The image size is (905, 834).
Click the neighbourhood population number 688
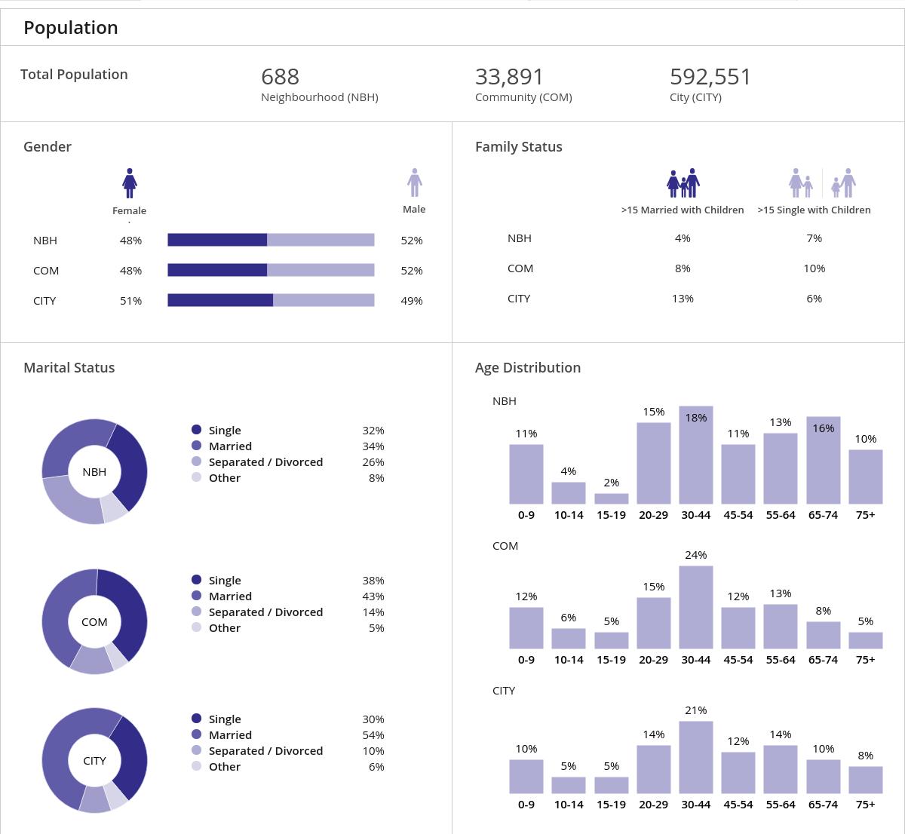pos(280,77)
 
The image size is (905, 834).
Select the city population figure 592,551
pos(710,77)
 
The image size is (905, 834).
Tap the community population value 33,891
pos(509,77)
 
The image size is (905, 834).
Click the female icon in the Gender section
pos(130,183)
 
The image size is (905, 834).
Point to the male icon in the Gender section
pos(414,182)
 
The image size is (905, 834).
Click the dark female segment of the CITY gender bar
pos(219,300)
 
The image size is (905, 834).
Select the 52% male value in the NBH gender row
pos(412,241)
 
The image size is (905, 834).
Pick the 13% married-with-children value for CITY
pos(683,299)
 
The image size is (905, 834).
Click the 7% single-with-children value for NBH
pos(814,238)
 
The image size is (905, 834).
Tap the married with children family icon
pos(683,183)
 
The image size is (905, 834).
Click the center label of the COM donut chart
pos(94,622)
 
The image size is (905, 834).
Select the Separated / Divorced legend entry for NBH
pos(265,462)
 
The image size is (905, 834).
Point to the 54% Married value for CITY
pos(373,735)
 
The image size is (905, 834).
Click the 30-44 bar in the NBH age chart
pos(695,455)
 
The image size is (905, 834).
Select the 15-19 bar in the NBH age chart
pos(611,498)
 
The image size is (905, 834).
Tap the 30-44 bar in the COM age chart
pos(695,607)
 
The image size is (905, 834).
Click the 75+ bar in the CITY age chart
pos(865,780)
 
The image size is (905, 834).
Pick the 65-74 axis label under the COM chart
pos(823,660)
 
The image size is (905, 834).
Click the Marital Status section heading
pos(69,368)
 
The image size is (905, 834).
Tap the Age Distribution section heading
pos(528,368)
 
